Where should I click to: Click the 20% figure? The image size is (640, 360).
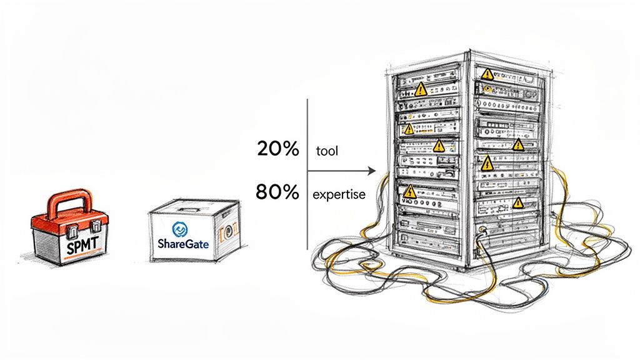[x=277, y=149]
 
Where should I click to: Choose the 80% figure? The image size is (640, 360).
[x=277, y=192]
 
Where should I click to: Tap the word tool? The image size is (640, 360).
[x=327, y=151]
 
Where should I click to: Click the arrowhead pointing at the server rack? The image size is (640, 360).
[x=372, y=171]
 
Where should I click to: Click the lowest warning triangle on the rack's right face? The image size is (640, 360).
[x=517, y=202]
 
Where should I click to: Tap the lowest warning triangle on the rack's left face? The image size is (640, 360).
[x=410, y=191]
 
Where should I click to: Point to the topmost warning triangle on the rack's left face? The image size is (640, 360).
[x=421, y=89]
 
